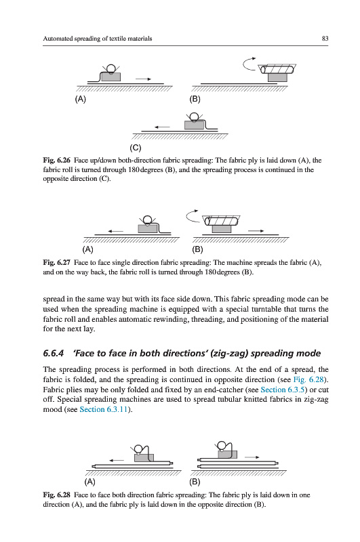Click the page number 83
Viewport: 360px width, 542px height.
point(325,39)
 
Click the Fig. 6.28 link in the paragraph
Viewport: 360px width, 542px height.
point(308,379)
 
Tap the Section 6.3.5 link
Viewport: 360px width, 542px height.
point(282,389)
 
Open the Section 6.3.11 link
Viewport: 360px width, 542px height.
point(104,409)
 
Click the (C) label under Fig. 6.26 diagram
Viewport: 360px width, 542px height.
point(135,148)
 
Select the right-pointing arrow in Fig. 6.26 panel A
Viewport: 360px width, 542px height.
point(143,79)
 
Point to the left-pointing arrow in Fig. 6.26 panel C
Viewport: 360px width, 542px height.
point(162,127)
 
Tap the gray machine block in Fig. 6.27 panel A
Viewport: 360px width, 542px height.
point(148,228)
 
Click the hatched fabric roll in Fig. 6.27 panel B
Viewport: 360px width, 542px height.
point(222,221)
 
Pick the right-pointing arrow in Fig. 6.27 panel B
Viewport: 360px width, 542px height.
point(256,231)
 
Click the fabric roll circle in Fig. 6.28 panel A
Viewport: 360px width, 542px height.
point(139,449)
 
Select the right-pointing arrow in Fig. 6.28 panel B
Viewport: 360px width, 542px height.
point(252,457)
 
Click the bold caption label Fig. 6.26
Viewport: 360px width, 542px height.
point(56,160)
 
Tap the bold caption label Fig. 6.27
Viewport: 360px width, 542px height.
point(56,262)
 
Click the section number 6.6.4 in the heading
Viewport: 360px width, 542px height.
point(54,353)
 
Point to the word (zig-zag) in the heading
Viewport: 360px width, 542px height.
point(229,353)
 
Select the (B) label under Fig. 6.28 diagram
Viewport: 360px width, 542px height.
point(195,482)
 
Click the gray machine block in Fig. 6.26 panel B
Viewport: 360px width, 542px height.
point(277,77)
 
